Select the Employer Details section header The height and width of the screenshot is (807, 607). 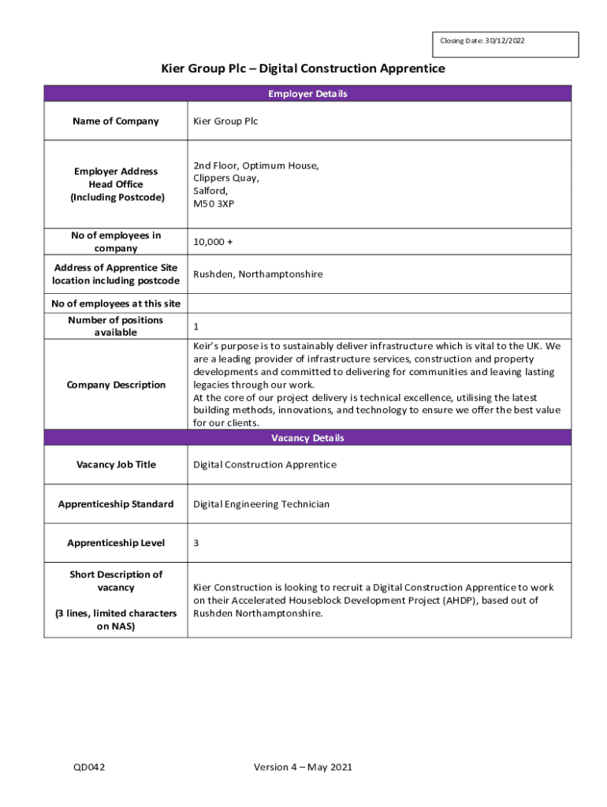pos(307,94)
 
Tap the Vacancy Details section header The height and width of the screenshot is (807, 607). pos(307,438)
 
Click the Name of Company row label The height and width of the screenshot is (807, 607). pos(115,121)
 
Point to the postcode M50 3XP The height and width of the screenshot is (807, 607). pos(214,204)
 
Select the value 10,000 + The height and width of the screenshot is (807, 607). pos(213,242)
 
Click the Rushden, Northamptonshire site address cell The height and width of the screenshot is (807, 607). pos(258,274)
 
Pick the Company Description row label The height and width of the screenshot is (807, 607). pos(116,385)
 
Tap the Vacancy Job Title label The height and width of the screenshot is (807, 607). pos(116,465)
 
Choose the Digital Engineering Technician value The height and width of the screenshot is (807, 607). pos(262,504)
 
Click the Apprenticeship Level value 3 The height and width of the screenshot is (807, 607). pos(196,543)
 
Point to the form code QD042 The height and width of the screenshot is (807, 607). pos(89,767)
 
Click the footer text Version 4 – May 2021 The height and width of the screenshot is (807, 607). pos(303,767)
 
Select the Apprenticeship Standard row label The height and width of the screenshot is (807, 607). pos(116,504)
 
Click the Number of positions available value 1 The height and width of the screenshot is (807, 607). pos(196,325)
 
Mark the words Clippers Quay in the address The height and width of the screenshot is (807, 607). pos(226,178)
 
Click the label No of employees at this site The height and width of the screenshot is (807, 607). pos(116,303)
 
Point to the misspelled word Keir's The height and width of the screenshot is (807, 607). pos(207,346)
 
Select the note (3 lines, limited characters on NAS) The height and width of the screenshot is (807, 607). pos(116,619)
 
